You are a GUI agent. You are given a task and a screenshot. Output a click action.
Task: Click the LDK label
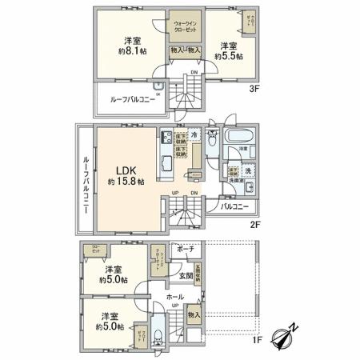click(x=123, y=170)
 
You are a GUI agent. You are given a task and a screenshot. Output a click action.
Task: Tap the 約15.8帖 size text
click(x=123, y=182)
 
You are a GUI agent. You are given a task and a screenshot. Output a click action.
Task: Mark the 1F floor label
click(x=258, y=342)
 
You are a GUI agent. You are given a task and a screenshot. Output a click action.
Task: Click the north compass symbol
click(x=282, y=337)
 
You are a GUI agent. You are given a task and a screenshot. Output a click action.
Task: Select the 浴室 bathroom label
click(x=238, y=149)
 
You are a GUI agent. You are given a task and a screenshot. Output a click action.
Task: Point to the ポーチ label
click(x=187, y=249)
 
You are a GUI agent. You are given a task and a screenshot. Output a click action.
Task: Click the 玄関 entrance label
click(x=185, y=275)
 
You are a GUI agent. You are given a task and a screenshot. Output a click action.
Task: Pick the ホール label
click(x=175, y=296)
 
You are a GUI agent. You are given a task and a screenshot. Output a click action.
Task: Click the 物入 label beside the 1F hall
click(x=194, y=315)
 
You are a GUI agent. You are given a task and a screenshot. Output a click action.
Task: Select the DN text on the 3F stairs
click(x=194, y=73)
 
